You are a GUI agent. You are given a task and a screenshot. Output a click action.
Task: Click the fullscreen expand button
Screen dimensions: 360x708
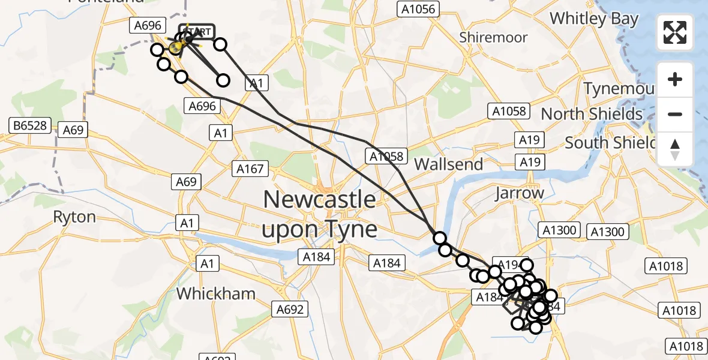(x=675, y=32)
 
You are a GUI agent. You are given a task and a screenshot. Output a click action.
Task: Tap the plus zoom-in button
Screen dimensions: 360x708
(x=675, y=79)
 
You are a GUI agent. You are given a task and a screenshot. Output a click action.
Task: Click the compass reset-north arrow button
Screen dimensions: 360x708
(x=675, y=149)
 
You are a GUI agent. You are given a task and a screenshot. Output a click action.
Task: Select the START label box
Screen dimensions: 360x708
(x=196, y=32)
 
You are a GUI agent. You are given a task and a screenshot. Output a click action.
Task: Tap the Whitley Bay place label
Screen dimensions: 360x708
(x=593, y=19)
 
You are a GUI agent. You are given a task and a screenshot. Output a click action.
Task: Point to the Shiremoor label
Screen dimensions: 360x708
(x=493, y=37)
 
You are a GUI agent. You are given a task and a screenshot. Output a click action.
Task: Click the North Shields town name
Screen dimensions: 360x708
(x=591, y=113)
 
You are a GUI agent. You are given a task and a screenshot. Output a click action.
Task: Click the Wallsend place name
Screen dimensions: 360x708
(x=448, y=164)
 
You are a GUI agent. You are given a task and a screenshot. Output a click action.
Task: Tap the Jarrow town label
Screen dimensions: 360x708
(x=519, y=193)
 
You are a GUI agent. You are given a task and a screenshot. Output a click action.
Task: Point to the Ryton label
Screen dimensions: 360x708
(x=74, y=217)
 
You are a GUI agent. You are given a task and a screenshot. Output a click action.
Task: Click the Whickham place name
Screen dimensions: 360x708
(x=216, y=293)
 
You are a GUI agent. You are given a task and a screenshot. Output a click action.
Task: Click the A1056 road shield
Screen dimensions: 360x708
(x=419, y=8)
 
